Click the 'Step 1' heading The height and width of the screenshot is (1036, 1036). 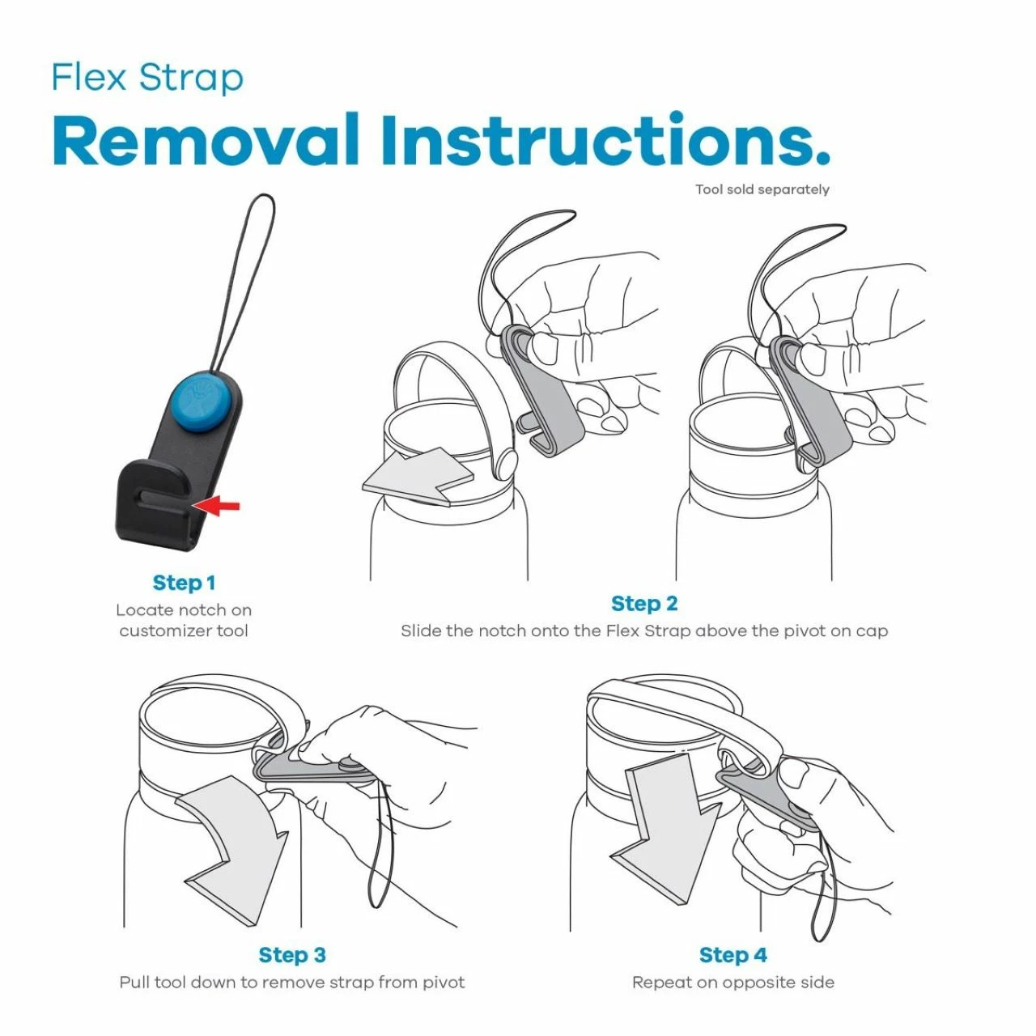coord(184,583)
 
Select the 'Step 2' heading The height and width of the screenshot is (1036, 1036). coord(644,604)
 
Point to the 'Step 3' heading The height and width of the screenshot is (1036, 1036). coord(292,955)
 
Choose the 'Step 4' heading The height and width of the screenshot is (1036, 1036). coord(732,955)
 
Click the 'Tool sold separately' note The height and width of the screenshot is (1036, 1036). coord(762,189)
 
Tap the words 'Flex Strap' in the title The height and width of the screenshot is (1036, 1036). coord(147,78)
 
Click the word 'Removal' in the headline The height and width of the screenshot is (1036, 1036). coord(206,141)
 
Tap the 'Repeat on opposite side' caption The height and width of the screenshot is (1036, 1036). coord(732,983)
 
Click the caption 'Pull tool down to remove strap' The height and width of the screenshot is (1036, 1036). coord(292,983)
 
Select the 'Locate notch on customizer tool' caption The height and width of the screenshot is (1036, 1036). coord(184,620)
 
